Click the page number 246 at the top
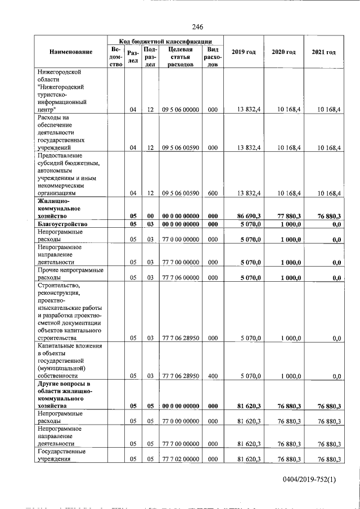click(x=197, y=27)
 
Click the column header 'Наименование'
click(x=70, y=52)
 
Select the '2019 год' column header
click(x=243, y=52)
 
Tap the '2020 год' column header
click(x=283, y=52)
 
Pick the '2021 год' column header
click(x=323, y=52)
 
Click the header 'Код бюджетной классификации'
click(x=165, y=41)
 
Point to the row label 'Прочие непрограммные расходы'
click(x=70, y=274)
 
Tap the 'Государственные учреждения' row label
click(x=61, y=456)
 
